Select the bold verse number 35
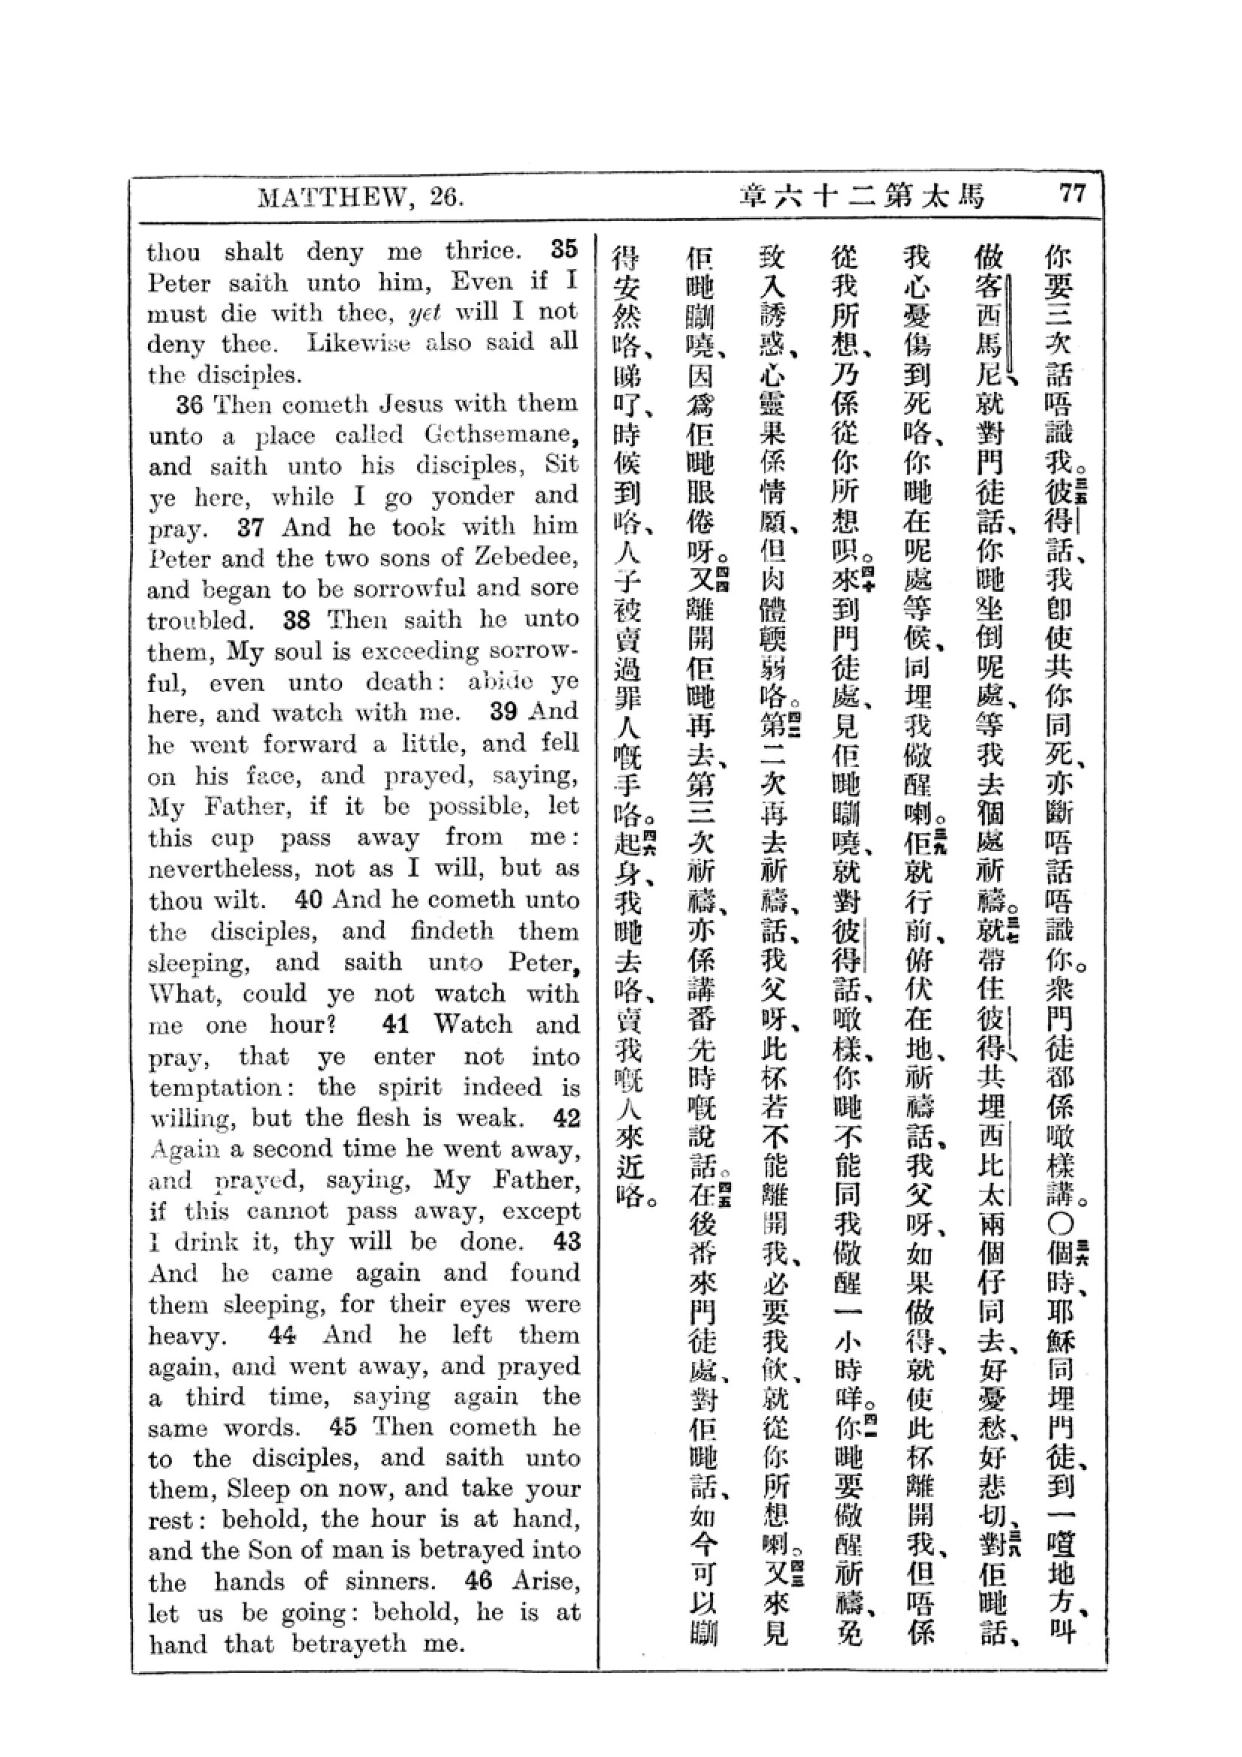point(564,249)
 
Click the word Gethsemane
point(497,435)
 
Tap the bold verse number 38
point(296,619)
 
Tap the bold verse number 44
point(283,1335)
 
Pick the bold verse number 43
point(567,1241)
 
